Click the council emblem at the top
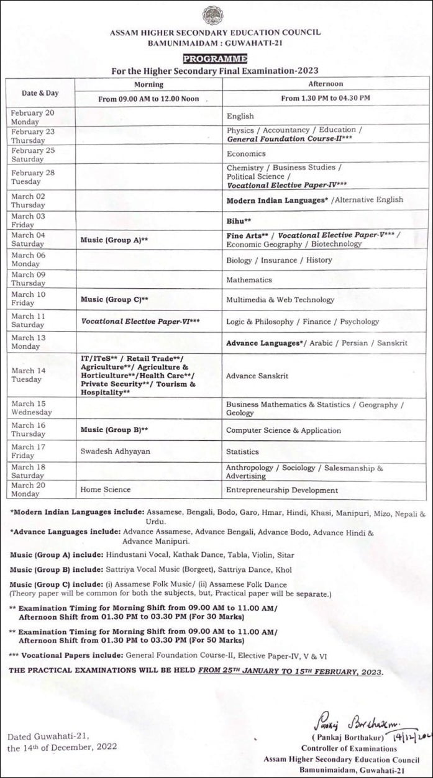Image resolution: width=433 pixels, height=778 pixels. point(213,15)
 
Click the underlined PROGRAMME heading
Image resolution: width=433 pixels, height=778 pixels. point(215,59)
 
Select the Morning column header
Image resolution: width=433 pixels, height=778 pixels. point(148,84)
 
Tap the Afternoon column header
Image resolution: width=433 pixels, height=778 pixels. point(326,84)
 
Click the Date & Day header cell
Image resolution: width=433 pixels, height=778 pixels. point(40,93)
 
